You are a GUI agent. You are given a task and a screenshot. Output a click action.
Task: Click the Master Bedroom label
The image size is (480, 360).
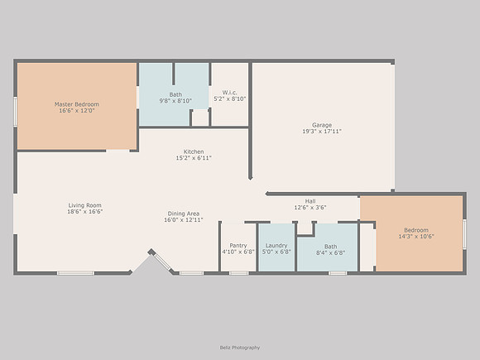coord(77,104)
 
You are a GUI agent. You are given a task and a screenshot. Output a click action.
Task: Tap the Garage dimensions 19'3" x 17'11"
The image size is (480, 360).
coord(322,132)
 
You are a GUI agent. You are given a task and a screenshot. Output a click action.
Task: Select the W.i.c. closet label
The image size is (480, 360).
coord(229,93)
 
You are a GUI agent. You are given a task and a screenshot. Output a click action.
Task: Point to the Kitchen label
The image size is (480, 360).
coord(194,151)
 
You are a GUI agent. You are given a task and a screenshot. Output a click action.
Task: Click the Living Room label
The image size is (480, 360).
coord(84,205)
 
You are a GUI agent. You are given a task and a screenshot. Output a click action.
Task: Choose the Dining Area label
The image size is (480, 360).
coord(184,214)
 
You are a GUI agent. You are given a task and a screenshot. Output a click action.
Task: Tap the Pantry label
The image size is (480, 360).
coord(238,246)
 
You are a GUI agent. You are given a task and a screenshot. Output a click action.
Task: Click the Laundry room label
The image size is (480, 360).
coord(276,246)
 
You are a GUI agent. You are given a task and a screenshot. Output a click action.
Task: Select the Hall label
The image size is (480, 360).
coord(310,201)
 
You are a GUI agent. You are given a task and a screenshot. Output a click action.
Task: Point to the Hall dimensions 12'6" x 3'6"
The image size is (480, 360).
coord(310,208)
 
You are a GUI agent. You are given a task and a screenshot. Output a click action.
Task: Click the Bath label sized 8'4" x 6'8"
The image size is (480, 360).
coord(330,247)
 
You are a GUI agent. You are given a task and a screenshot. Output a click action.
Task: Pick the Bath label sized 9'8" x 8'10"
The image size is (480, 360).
coord(175,94)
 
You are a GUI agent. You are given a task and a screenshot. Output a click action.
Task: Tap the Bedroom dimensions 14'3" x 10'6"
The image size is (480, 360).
coord(416,237)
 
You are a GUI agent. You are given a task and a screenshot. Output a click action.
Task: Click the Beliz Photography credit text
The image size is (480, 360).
coord(240,348)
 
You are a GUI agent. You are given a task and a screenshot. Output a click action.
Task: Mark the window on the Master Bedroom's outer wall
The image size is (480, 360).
coord(15,112)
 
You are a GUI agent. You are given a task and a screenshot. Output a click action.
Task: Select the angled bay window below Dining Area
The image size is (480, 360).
coord(162,262)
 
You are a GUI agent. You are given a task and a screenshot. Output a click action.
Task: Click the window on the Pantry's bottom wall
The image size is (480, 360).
coord(239,273)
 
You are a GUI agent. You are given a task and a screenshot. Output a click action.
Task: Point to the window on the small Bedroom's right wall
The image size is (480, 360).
coord(464,234)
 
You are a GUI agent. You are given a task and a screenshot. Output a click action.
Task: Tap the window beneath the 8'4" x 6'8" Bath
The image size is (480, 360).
coord(338,273)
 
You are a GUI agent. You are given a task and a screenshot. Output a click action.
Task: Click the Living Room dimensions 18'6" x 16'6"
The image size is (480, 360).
coord(84,212)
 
